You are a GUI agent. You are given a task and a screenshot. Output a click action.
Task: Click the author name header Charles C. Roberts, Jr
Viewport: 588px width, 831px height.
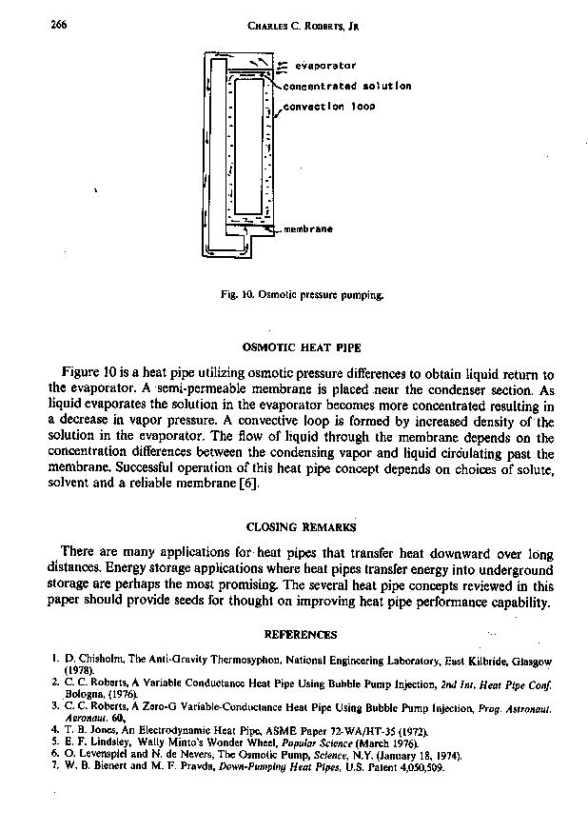(x=299, y=27)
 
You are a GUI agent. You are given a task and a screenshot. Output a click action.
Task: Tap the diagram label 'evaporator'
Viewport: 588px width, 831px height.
(x=325, y=66)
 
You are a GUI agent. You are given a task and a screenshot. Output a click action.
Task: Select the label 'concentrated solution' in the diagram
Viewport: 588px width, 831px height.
(x=348, y=86)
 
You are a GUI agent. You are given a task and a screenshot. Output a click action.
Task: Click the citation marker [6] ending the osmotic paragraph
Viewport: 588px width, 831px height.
(x=246, y=485)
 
